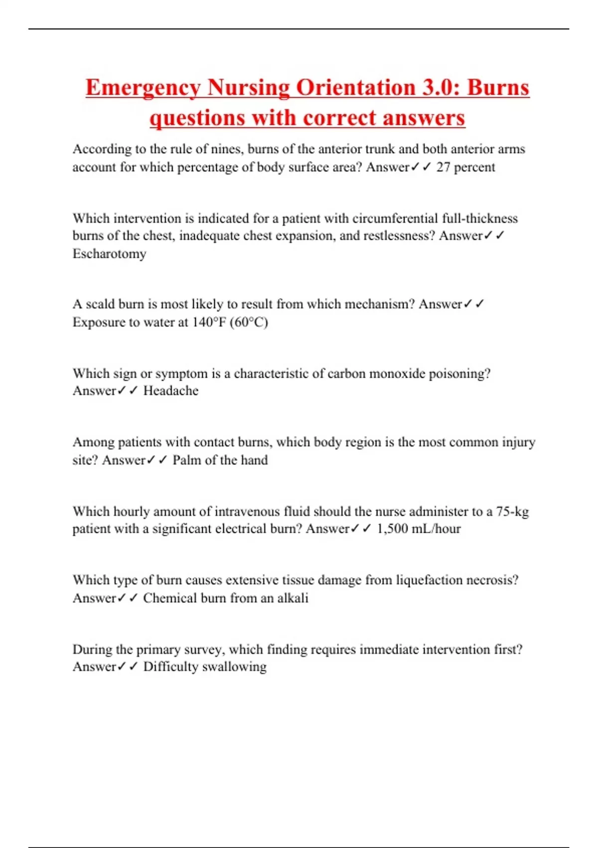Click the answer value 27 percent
click(465, 167)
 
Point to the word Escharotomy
click(110, 254)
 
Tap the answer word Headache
click(170, 391)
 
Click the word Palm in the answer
click(184, 460)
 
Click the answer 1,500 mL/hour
click(419, 529)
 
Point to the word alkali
click(293, 598)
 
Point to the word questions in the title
click(197, 118)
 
